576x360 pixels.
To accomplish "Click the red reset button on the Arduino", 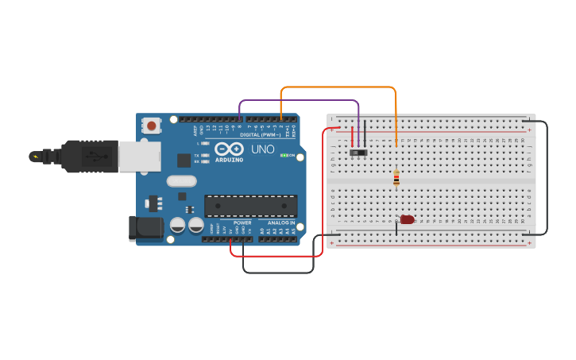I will click(x=151, y=125).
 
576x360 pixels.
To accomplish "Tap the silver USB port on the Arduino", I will click(x=140, y=156).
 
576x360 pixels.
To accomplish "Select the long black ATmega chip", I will click(x=251, y=206).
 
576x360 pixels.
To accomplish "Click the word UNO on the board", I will click(x=263, y=149).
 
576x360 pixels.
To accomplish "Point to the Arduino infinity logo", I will click(x=229, y=149).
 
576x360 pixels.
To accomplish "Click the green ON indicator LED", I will click(x=284, y=155).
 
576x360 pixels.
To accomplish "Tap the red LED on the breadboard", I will click(x=407, y=219).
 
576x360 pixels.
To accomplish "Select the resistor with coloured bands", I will click(x=396, y=178).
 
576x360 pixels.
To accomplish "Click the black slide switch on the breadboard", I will click(x=358, y=151).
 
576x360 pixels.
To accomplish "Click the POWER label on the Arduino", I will click(x=242, y=223).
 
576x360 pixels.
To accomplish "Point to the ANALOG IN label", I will click(x=281, y=223).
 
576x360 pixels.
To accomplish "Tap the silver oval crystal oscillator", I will click(x=181, y=180).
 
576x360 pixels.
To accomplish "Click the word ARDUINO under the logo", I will click(x=229, y=159).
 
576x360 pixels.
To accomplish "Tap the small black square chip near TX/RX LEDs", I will click(x=184, y=160).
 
